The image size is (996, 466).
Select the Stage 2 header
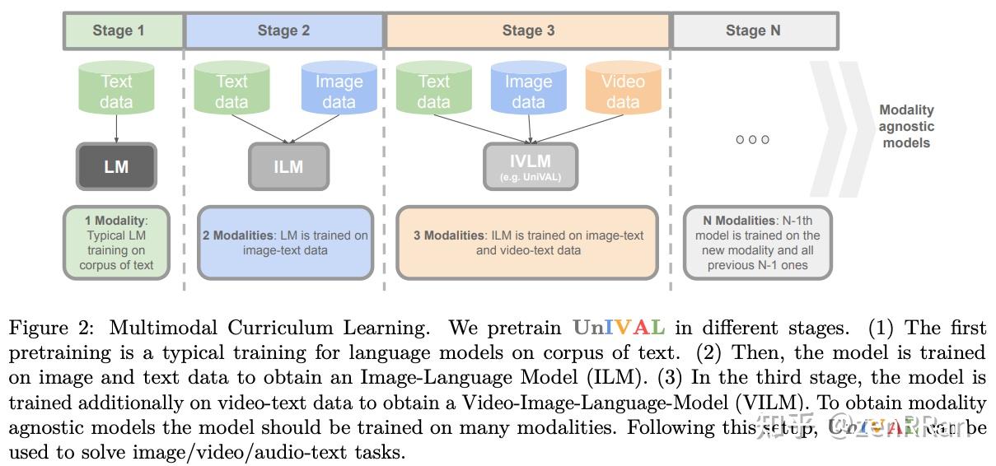pos(283,31)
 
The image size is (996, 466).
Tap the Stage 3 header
pos(527,31)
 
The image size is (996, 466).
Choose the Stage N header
pos(754,31)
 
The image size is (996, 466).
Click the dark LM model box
pos(116,166)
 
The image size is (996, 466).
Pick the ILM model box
pos(288,166)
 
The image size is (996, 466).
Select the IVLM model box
pos(530,166)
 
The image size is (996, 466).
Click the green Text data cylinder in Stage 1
pos(116,91)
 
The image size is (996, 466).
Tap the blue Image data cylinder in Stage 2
pos(338,91)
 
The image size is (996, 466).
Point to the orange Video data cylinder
pos(623,91)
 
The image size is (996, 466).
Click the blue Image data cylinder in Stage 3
pos(528,91)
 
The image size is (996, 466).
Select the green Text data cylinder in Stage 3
pos(433,91)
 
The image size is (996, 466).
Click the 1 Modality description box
pos(116,243)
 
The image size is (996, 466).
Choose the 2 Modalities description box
pos(285,243)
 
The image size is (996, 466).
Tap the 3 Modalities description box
pos(528,243)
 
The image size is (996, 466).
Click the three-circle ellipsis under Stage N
pos(752,140)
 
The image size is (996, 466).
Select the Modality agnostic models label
pos(905,126)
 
